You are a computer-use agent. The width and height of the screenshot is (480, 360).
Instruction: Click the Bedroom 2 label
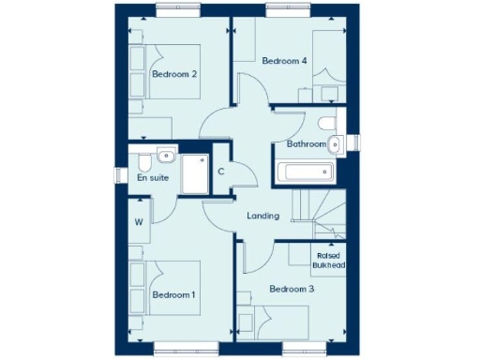(x=173, y=75)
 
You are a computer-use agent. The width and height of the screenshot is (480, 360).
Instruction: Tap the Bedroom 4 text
(x=284, y=61)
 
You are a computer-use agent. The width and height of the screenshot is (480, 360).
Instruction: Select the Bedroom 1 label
(x=173, y=294)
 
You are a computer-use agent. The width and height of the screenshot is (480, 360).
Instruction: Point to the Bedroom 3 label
(x=292, y=289)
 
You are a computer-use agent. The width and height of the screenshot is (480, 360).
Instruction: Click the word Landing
(x=262, y=216)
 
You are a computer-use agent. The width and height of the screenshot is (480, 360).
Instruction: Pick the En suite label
(x=153, y=177)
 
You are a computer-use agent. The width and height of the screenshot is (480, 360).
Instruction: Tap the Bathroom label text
(x=307, y=144)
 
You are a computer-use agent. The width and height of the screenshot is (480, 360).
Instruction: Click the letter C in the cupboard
(x=221, y=171)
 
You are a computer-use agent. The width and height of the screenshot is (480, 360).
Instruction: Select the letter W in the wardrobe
(x=138, y=222)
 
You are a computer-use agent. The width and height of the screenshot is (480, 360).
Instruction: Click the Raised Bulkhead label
(x=328, y=260)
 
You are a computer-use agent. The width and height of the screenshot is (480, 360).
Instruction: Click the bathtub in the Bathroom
(x=304, y=172)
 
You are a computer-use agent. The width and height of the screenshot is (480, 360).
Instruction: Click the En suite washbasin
(x=165, y=157)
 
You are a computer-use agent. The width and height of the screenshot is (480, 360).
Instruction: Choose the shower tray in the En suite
(x=195, y=175)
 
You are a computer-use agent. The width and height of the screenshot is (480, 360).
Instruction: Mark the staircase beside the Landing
(x=319, y=214)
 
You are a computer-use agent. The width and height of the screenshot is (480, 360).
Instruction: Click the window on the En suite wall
(x=120, y=175)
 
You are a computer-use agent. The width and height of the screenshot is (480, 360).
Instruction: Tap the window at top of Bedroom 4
(x=288, y=10)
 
